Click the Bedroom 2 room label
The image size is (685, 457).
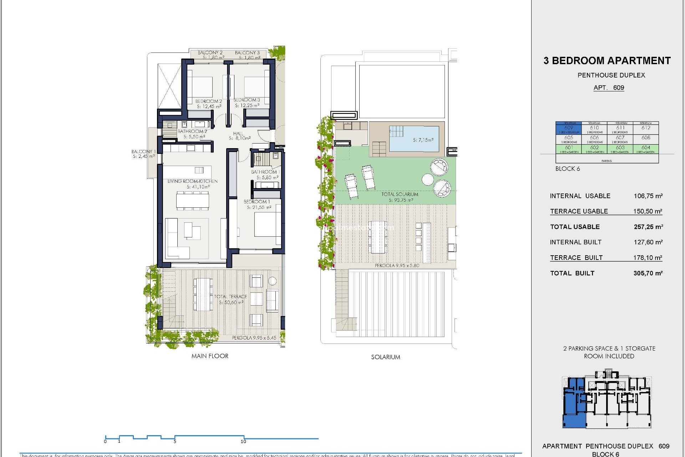(208, 101)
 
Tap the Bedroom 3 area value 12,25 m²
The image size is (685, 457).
(247, 105)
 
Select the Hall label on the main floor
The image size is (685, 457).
(238, 134)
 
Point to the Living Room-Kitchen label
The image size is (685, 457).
(192, 181)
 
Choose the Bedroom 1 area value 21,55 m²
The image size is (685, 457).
(259, 207)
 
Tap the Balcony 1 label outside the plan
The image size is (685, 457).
(143, 151)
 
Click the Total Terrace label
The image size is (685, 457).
(230, 297)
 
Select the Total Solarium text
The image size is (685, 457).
(400, 194)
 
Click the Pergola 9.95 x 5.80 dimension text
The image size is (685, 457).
(397, 266)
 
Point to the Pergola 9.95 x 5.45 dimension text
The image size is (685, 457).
(254, 338)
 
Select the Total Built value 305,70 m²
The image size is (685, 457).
(648, 273)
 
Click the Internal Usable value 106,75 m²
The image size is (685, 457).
(648, 196)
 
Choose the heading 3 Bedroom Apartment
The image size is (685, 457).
(607, 61)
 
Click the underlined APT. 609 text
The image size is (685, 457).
(609, 88)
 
